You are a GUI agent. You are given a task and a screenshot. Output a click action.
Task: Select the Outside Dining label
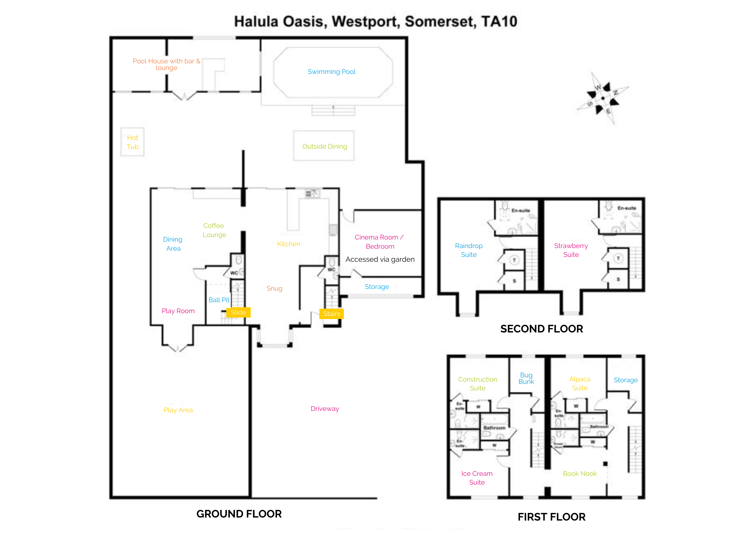point(324,147)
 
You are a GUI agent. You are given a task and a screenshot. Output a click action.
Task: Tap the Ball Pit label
point(219,300)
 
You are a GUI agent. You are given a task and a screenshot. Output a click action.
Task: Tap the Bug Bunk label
point(526,378)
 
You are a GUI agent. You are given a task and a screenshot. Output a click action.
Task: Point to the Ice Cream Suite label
point(477,478)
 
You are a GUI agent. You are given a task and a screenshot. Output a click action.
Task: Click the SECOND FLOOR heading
point(541,329)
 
